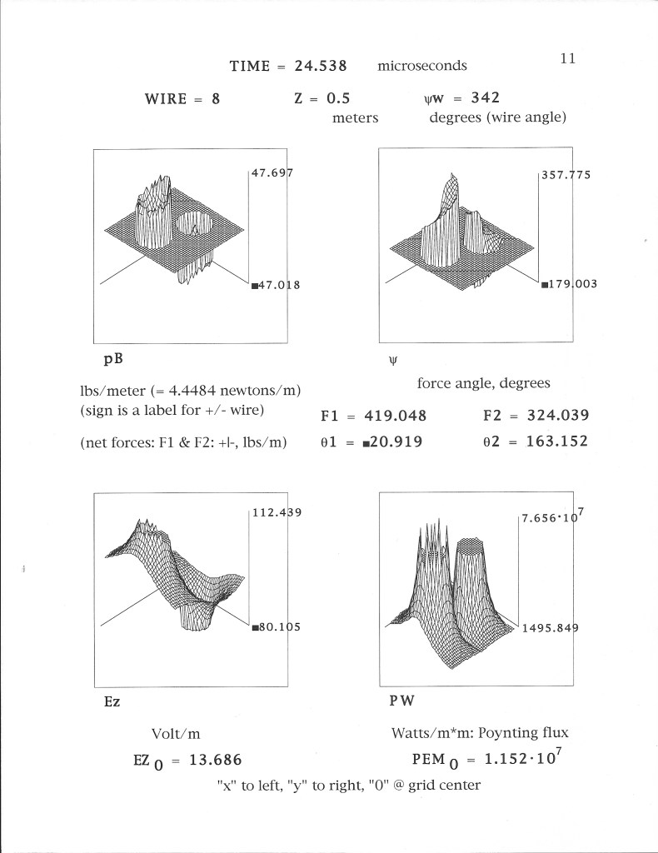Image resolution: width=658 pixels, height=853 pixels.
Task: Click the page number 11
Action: pyautogui.click(x=568, y=58)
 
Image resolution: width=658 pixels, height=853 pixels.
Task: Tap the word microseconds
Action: pyautogui.click(x=422, y=66)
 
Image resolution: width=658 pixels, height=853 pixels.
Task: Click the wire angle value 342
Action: pyautogui.click(x=485, y=98)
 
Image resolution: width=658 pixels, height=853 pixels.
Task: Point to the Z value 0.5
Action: pyautogui.click(x=332, y=98)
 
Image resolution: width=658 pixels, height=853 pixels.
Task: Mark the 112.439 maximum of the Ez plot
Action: pyautogui.click(x=276, y=512)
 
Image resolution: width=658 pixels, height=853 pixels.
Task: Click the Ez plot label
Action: pyautogui.click(x=112, y=701)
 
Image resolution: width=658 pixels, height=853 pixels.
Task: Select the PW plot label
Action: pyautogui.click(x=401, y=701)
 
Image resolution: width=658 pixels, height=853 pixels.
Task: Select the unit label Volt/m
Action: pyautogui.click(x=176, y=734)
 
